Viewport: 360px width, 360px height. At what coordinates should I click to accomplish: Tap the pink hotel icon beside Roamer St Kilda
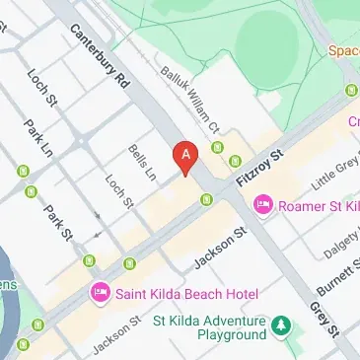click(x=262, y=205)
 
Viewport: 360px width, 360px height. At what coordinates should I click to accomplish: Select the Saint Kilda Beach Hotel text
click(x=184, y=293)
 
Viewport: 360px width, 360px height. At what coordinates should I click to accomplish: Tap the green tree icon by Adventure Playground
click(x=282, y=324)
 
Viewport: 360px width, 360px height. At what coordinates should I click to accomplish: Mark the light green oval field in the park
click(x=273, y=43)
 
